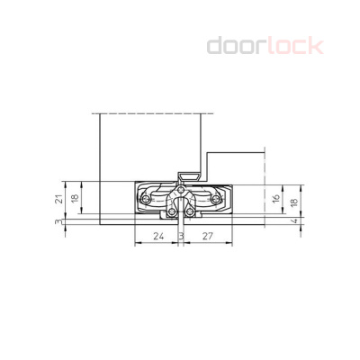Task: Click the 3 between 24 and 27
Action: [181, 237]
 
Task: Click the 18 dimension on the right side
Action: [293, 200]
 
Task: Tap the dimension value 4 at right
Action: [293, 222]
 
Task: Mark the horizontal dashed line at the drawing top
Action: [153, 113]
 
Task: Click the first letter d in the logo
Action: [216, 45]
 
